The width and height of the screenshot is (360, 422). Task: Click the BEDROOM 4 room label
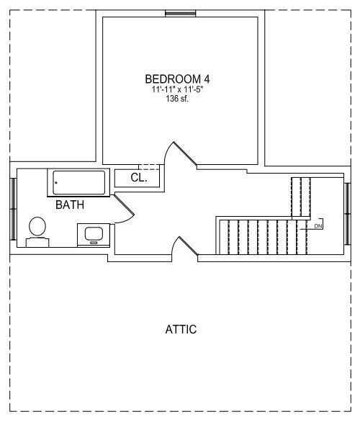(x=177, y=79)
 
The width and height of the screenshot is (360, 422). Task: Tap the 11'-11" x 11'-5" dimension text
(x=177, y=89)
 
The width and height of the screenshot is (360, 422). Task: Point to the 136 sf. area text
(x=177, y=99)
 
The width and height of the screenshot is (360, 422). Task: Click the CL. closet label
(x=139, y=178)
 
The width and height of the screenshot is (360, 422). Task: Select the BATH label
(x=70, y=205)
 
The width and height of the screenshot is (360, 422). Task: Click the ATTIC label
(x=181, y=329)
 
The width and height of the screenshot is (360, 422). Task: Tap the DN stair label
(x=318, y=226)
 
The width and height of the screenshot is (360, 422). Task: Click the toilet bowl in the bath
(x=37, y=226)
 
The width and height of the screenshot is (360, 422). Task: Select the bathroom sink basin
(x=94, y=233)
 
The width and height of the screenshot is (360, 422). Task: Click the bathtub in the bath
(x=78, y=182)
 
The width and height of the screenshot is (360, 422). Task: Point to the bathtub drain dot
(x=56, y=183)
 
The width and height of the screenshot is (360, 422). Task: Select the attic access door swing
(x=185, y=246)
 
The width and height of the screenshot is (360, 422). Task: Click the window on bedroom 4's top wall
(x=180, y=13)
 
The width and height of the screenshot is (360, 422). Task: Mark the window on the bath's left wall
(x=13, y=209)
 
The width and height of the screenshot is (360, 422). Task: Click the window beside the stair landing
(x=348, y=214)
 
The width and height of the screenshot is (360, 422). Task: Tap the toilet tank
(x=37, y=243)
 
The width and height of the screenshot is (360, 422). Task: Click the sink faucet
(x=94, y=243)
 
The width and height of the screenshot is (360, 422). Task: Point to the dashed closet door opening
(x=149, y=167)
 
